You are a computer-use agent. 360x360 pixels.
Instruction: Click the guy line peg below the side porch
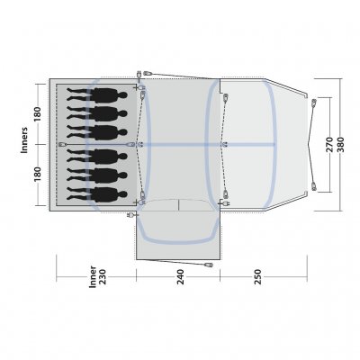click(x=210, y=266)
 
